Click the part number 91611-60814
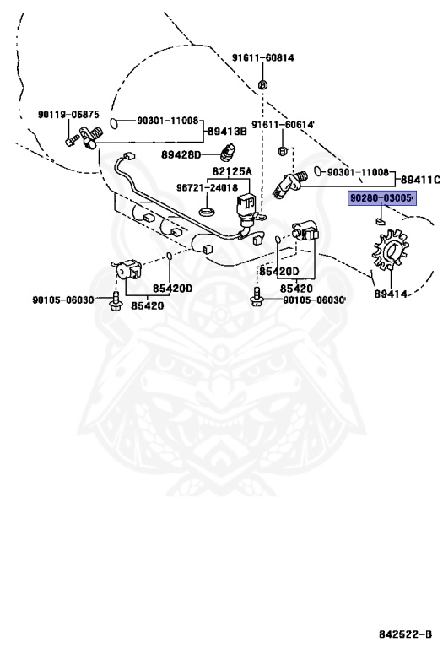point(262,58)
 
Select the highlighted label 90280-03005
point(381,198)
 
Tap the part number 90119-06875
point(68,115)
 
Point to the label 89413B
point(227,132)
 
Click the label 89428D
point(181,155)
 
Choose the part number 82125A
point(232,171)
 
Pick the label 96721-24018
point(208,187)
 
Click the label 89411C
point(420,180)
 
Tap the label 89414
point(391,294)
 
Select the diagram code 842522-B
point(405,634)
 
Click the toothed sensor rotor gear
point(390,249)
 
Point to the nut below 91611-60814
point(262,85)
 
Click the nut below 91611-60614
point(282,150)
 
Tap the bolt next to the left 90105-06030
point(116,301)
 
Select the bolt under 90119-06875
point(71,141)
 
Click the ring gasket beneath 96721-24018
point(207,213)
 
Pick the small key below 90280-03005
point(380,221)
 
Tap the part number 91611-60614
point(283,124)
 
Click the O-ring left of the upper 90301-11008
point(115,122)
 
